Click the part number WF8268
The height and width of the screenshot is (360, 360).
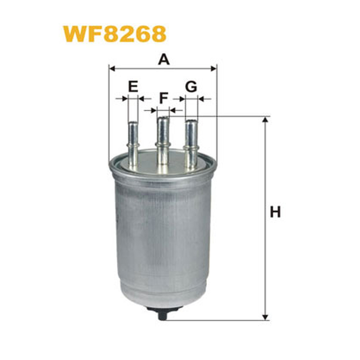pos(115,34)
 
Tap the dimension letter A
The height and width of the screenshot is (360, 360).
pos(164,59)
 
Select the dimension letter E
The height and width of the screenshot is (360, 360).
pos(133,86)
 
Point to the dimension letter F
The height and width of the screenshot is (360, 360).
pos(164,98)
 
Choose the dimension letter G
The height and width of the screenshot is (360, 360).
pos(191,86)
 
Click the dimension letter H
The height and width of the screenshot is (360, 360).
pos(275,212)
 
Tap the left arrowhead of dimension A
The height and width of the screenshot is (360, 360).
pos(112,68)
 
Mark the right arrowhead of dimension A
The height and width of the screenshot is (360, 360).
pos(213,68)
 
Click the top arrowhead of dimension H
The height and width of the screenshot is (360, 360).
pos(265,120)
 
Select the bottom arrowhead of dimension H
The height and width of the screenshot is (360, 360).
pos(265,317)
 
